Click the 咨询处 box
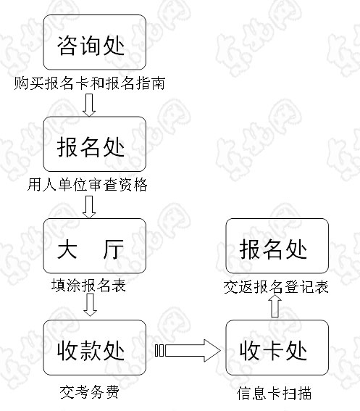95,42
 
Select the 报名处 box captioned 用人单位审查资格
95,144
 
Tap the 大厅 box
95,246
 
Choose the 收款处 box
95,347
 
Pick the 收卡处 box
277,347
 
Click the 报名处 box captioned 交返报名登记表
277,246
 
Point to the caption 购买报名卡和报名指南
90,83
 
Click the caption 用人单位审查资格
87,185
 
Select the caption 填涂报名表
88,285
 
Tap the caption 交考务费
90,392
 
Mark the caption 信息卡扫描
274,394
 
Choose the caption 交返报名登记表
276,287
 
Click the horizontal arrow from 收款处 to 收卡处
188,351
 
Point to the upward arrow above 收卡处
275,306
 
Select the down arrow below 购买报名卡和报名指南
89,105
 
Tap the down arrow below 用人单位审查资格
89,207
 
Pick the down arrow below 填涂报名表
90,305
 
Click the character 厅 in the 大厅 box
113,249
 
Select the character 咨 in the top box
67,46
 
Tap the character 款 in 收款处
90,351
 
